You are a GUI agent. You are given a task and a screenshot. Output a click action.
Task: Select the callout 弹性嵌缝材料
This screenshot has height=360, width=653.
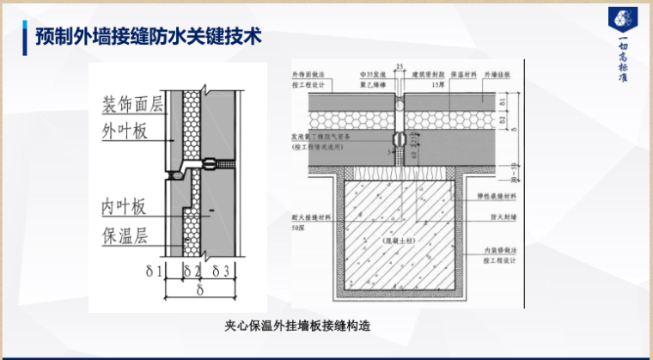493,195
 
